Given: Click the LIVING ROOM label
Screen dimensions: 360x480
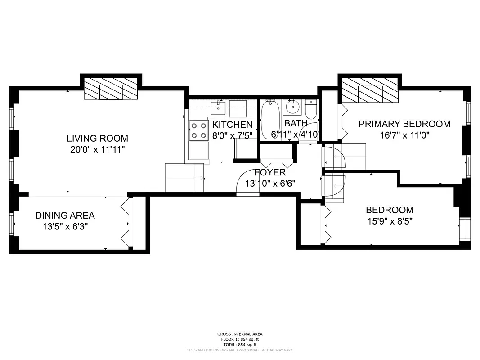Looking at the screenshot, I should coord(97,138).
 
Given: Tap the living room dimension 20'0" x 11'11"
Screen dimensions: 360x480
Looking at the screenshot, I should coord(97,150).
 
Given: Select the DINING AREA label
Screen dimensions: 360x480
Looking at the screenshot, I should coord(65,216).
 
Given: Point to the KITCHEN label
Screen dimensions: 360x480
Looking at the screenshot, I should coord(232,124).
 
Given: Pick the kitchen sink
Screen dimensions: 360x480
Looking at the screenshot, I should coord(219,107).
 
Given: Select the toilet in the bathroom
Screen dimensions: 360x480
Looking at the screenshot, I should coord(311,108).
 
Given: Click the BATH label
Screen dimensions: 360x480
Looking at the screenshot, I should coord(296,123).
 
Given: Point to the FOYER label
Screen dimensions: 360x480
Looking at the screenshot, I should coord(269,172).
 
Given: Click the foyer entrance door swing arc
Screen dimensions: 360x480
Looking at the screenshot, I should coord(247,182).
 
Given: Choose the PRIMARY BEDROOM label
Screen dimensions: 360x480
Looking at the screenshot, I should coord(404,124).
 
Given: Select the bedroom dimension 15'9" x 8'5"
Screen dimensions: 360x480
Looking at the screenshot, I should coord(389,221).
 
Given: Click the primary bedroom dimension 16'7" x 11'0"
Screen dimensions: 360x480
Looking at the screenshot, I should coord(404,135).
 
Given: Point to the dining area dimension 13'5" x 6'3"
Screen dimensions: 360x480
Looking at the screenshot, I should coord(65,227).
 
